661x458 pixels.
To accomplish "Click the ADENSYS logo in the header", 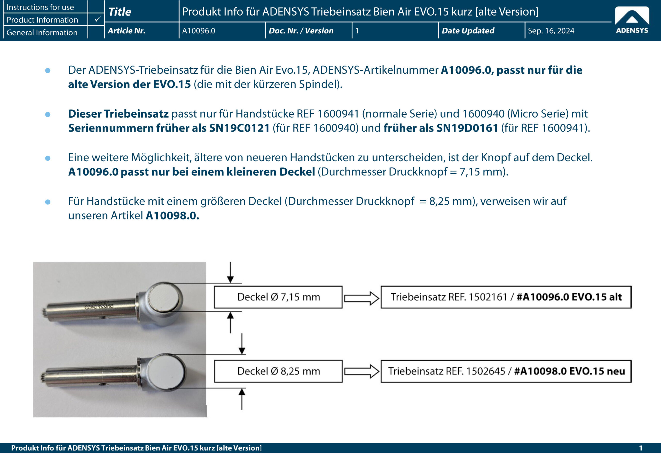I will click(632, 20).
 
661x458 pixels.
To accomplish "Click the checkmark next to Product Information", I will click(97, 19).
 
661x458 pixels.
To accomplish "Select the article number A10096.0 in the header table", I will click(199, 31).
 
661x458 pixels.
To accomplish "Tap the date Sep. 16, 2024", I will click(551, 31).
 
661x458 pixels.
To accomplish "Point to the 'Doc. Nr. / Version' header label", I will click(301, 31).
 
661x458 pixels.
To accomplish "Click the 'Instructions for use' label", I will click(40, 7).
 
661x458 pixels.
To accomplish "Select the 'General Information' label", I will click(42, 32).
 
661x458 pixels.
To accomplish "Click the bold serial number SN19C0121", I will click(239, 128).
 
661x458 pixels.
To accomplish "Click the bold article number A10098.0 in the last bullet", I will click(172, 216).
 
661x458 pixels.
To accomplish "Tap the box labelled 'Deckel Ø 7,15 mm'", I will click(278, 297).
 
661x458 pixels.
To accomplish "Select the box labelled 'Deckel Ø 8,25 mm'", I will click(278, 371).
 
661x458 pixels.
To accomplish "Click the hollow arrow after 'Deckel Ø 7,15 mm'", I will click(361, 298).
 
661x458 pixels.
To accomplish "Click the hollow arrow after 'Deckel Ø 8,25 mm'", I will click(361, 371).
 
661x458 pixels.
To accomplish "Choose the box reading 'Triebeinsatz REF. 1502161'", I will click(506, 297).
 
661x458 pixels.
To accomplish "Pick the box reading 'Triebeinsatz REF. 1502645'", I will click(506, 371).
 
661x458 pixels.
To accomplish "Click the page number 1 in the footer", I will click(640, 448).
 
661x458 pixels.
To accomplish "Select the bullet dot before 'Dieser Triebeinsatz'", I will click(48, 114).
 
